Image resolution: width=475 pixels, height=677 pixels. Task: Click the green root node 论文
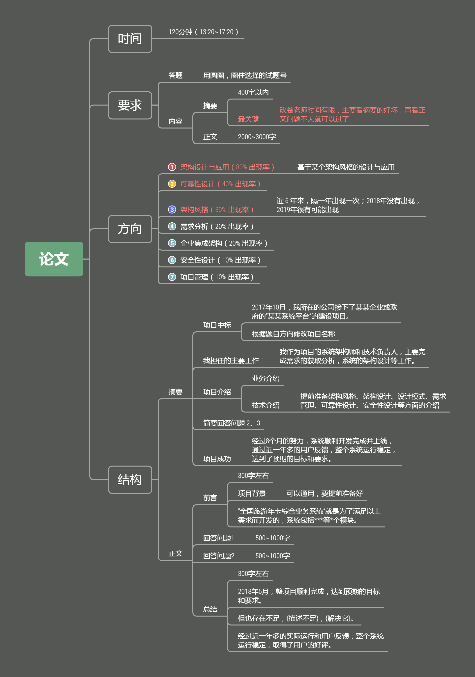[x=54, y=259]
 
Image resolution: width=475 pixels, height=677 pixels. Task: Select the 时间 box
[x=130, y=39]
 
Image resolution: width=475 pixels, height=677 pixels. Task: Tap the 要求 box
[x=130, y=105]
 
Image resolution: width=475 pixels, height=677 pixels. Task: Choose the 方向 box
[x=130, y=229]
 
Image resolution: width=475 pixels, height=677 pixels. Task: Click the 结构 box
[x=130, y=479]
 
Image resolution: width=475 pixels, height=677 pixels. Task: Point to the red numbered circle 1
[x=172, y=167]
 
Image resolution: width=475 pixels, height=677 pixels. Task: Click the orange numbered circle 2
[x=172, y=184]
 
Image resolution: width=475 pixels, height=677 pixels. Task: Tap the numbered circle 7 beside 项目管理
[x=172, y=277]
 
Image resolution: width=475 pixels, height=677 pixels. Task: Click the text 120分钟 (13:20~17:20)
[x=203, y=32]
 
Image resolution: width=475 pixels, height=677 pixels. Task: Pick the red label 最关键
[x=248, y=119]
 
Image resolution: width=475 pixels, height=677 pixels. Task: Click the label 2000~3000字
[x=257, y=137]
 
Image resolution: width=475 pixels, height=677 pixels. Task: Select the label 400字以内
[x=253, y=92]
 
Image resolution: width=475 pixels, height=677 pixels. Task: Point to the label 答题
[x=175, y=76]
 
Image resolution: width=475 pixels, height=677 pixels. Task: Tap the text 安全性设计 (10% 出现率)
[x=220, y=260]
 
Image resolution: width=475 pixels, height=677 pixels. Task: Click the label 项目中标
[x=217, y=325]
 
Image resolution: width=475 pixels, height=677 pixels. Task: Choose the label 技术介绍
[x=266, y=405]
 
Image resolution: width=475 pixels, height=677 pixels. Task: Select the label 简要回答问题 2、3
[x=232, y=423]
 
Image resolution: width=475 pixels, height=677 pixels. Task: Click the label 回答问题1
[x=218, y=538]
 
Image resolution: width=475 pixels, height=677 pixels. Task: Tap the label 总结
[x=210, y=609]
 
